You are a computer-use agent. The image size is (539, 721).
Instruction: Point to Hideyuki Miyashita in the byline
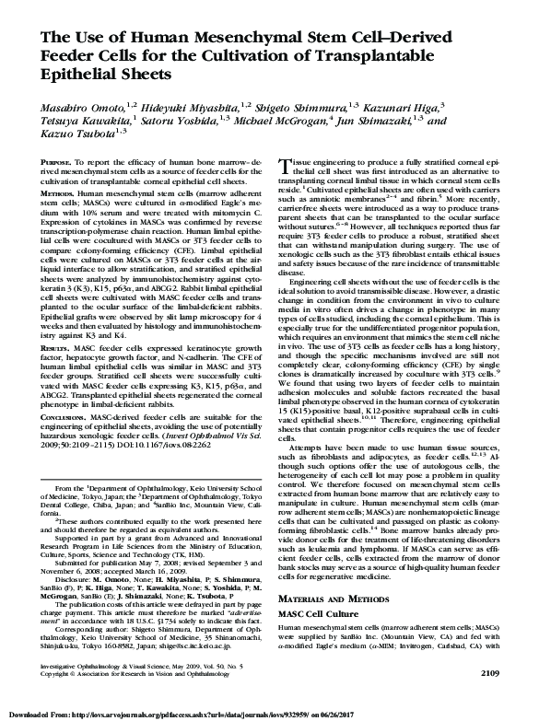pyautogui.click(x=167, y=108)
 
